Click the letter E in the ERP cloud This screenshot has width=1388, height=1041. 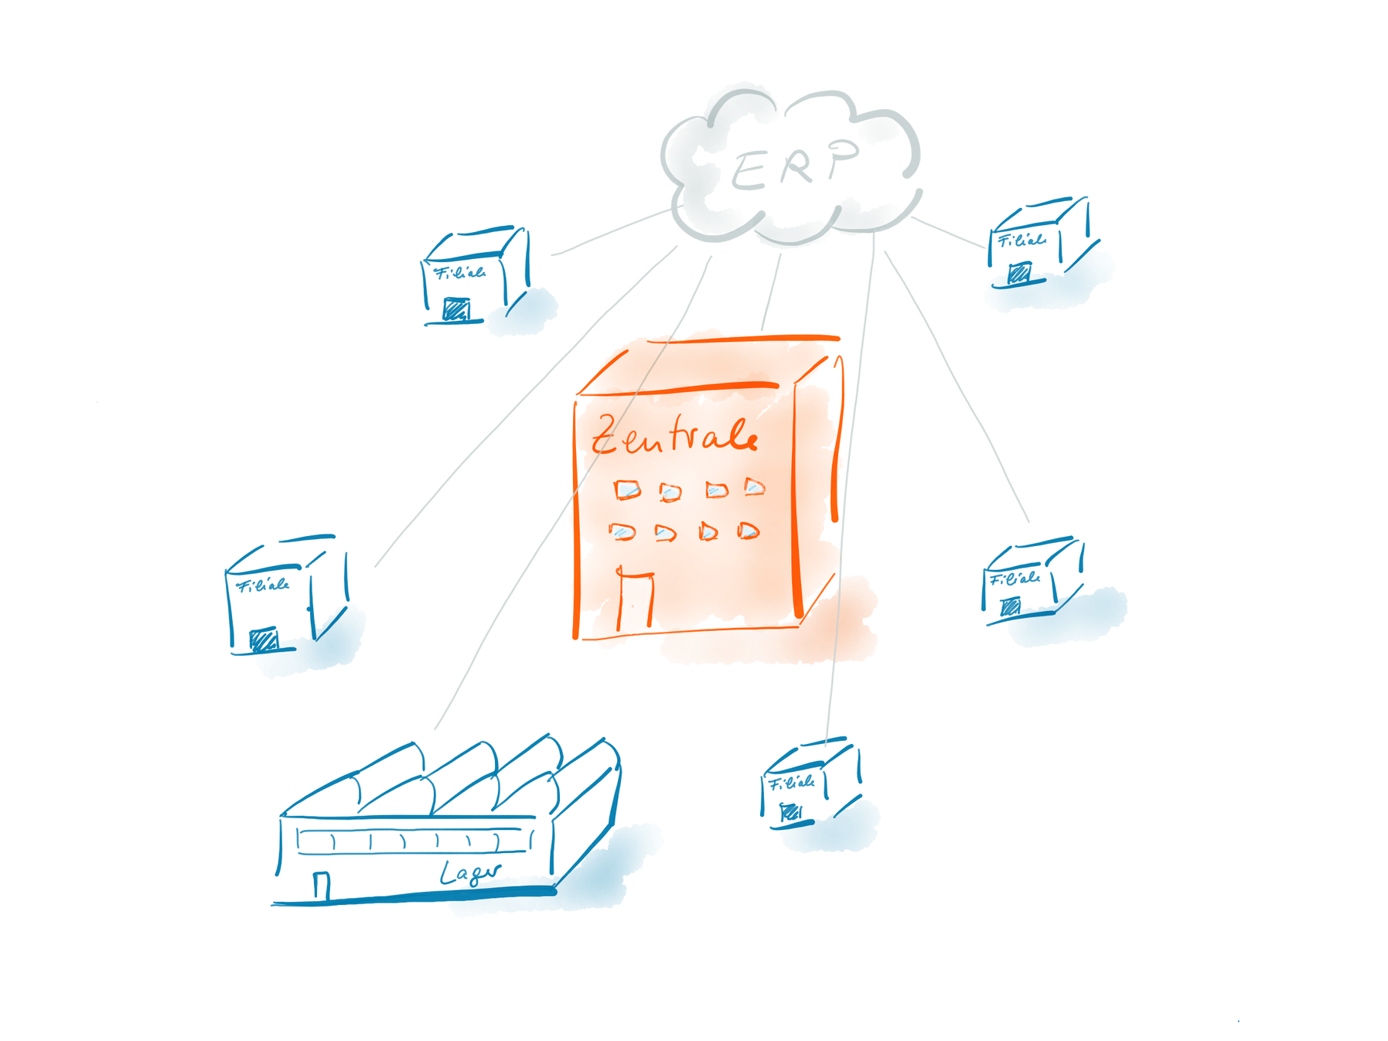[x=748, y=172]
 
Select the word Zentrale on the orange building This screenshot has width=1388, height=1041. [x=673, y=436]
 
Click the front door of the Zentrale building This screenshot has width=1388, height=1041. [x=634, y=603]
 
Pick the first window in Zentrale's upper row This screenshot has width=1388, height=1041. [x=627, y=490]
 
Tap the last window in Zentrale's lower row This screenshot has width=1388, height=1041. [x=748, y=531]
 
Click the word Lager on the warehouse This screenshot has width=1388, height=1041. [x=469, y=873]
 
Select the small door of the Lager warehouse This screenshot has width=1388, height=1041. [x=322, y=884]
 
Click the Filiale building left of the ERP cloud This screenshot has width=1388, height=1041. [x=473, y=276]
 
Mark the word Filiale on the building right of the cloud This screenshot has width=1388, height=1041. [x=1020, y=241]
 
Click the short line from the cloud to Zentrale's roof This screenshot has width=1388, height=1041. [x=771, y=290]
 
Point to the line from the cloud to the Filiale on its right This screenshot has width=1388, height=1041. [x=948, y=232]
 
